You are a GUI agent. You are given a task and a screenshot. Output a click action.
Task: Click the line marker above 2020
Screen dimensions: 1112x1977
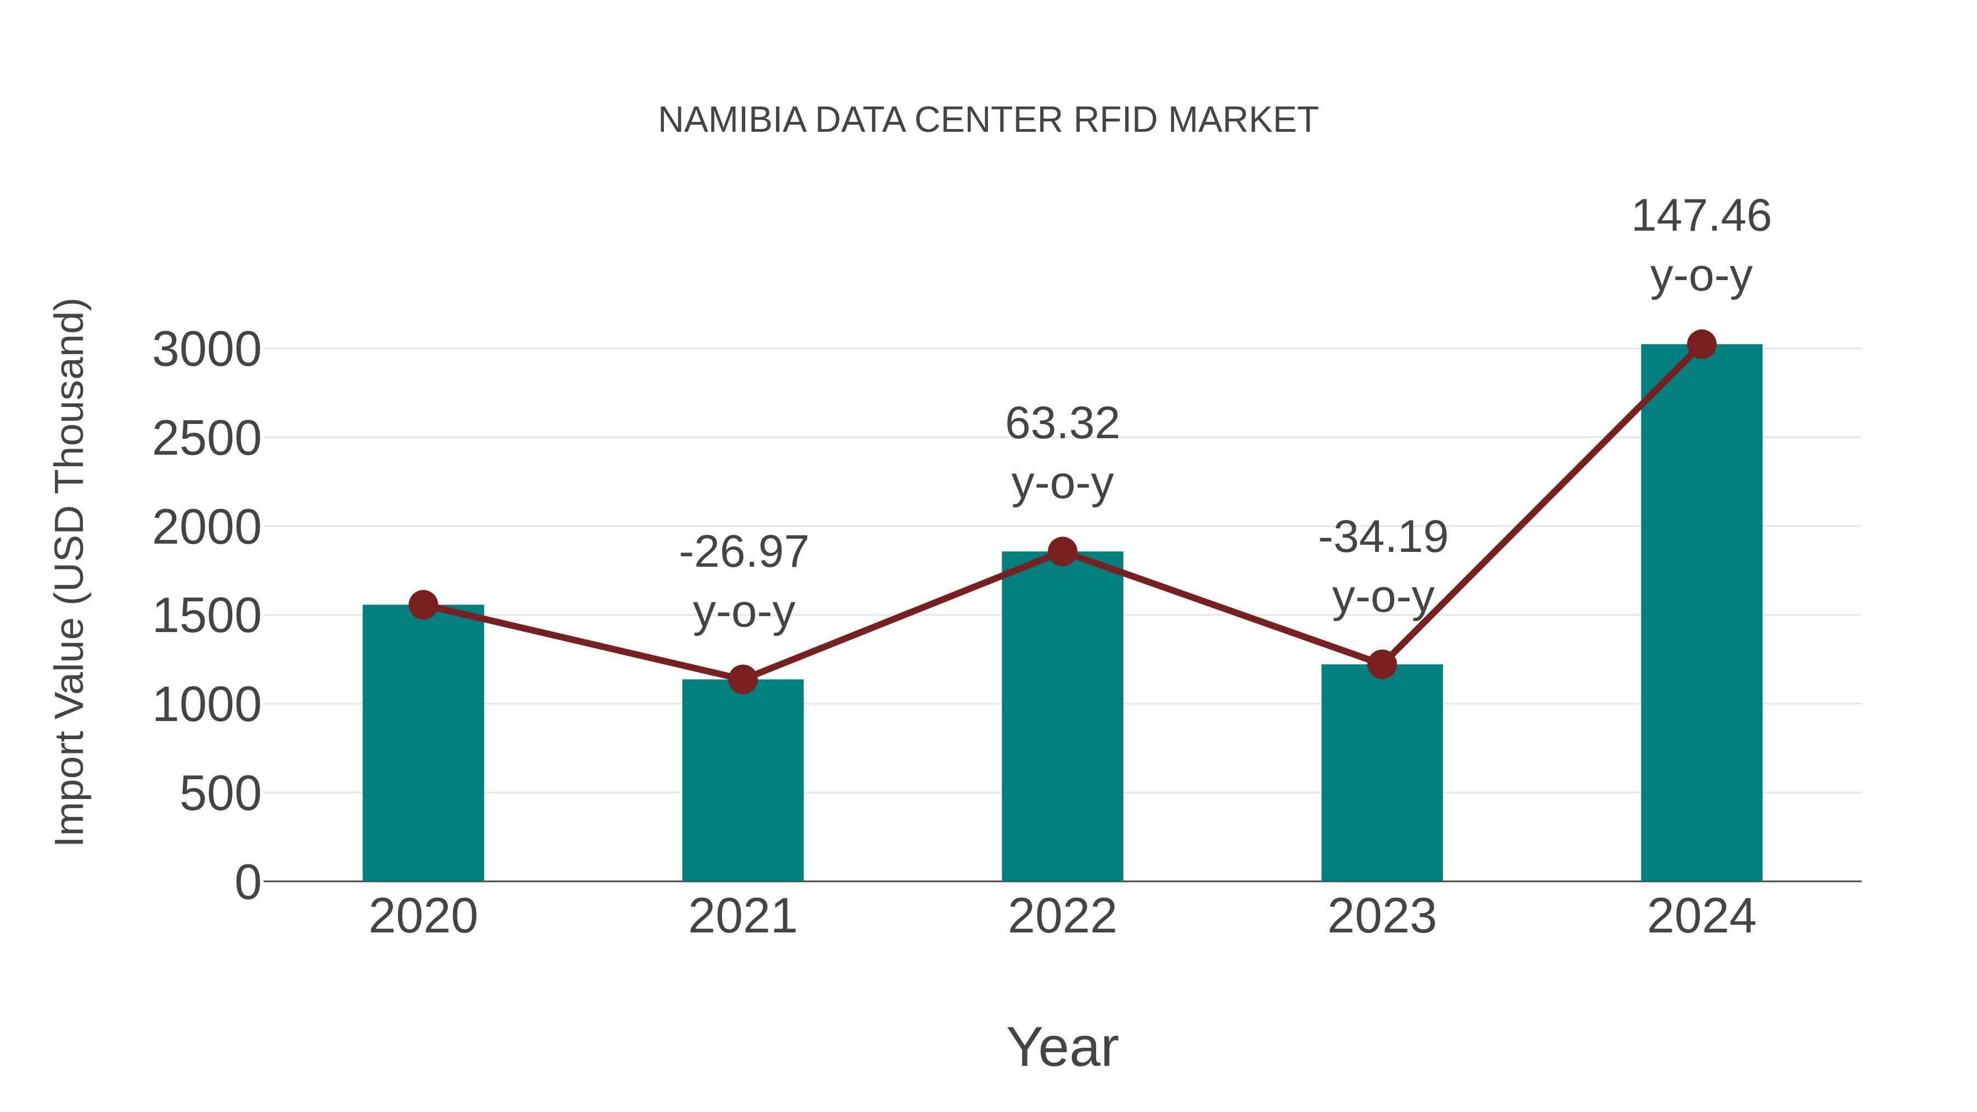click(423, 605)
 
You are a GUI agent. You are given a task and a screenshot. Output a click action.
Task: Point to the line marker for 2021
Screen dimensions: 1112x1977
click(742, 679)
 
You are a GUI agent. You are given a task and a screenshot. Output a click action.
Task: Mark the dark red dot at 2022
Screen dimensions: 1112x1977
click(1062, 551)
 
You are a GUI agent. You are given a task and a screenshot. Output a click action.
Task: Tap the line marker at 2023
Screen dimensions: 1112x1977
click(1382, 664)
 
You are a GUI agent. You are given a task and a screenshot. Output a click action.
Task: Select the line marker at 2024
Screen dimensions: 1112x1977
click(1701, 344)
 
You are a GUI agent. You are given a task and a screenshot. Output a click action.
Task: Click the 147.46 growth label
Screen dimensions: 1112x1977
click(1701, 216)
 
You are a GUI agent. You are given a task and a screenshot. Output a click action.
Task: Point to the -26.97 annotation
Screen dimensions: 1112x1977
click(743, 552)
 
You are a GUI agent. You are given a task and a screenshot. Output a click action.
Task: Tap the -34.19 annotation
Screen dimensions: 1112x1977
click(1383, 537)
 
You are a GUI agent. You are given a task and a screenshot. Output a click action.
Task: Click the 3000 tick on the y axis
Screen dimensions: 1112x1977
click(206, 351)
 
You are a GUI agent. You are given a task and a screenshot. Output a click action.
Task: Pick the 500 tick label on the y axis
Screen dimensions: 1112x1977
click(220, 794)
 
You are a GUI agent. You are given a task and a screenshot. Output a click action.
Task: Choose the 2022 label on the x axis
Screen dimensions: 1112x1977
click(1062, 917)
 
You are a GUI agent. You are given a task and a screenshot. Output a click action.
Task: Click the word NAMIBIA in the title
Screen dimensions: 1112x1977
click(732, 120)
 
